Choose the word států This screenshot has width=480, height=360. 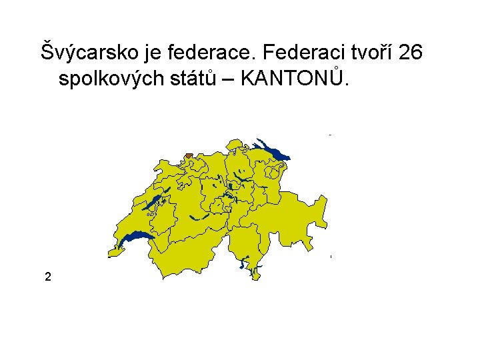click(x=189, y=79)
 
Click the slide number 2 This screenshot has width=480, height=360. click(x=47, y=276)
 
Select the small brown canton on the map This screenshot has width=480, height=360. click(x=188, y=156)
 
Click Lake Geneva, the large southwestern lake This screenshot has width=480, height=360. click(x=137, y=237)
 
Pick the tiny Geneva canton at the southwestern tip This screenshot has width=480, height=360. click(x=115, y=252)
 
